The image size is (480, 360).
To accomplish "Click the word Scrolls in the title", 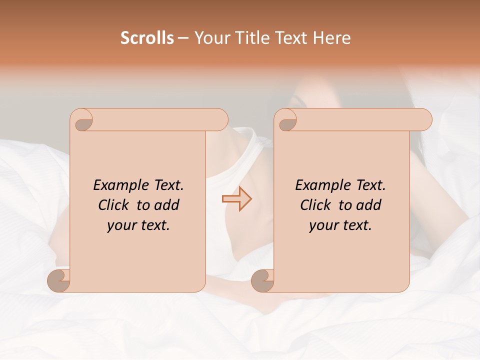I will (147, 37).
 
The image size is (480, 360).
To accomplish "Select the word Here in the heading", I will (332, 37).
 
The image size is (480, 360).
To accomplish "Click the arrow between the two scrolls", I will (237, 199).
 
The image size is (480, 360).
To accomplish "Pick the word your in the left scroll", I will (120, 225).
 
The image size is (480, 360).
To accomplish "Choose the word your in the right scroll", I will (322, 225).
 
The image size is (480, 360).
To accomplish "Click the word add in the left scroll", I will (167, 205).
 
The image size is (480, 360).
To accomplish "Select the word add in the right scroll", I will (369, 205).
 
